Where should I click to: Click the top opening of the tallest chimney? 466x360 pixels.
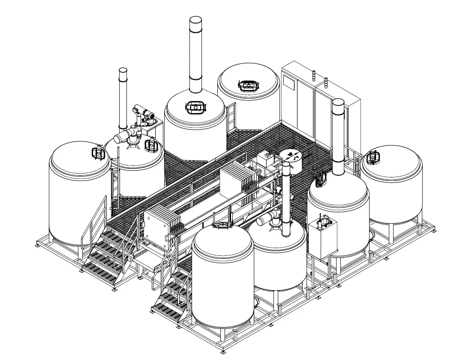click(x=195, y=20)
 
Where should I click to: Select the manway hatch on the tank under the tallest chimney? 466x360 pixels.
click(x=195, y=106)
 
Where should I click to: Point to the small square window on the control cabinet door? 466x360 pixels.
click(x=289, y=83)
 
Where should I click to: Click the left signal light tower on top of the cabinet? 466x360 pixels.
click(x=313, y=75)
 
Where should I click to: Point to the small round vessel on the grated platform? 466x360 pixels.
click(x=292, y=160)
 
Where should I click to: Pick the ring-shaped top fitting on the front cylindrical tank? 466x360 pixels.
click(x=222, y=225)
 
